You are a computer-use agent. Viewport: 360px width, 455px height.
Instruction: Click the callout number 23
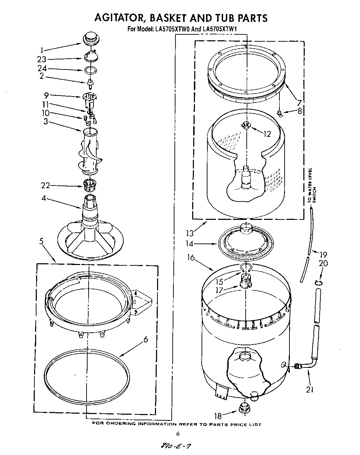tap(42, 59)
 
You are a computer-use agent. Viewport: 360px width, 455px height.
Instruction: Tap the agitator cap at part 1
tap(90, 38)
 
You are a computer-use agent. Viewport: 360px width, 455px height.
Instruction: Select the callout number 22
tap(46, 186)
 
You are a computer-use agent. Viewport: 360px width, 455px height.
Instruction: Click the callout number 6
tap(146, 339)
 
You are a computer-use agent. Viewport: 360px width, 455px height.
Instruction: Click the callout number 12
tap(267, 134)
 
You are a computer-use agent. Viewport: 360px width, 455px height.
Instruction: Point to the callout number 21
tap(309, 389)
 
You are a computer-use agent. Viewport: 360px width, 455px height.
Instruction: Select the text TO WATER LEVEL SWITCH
tap(312, 185)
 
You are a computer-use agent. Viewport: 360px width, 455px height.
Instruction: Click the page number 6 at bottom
tap(177, 433)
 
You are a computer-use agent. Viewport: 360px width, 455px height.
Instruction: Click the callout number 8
tap(300, 111)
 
